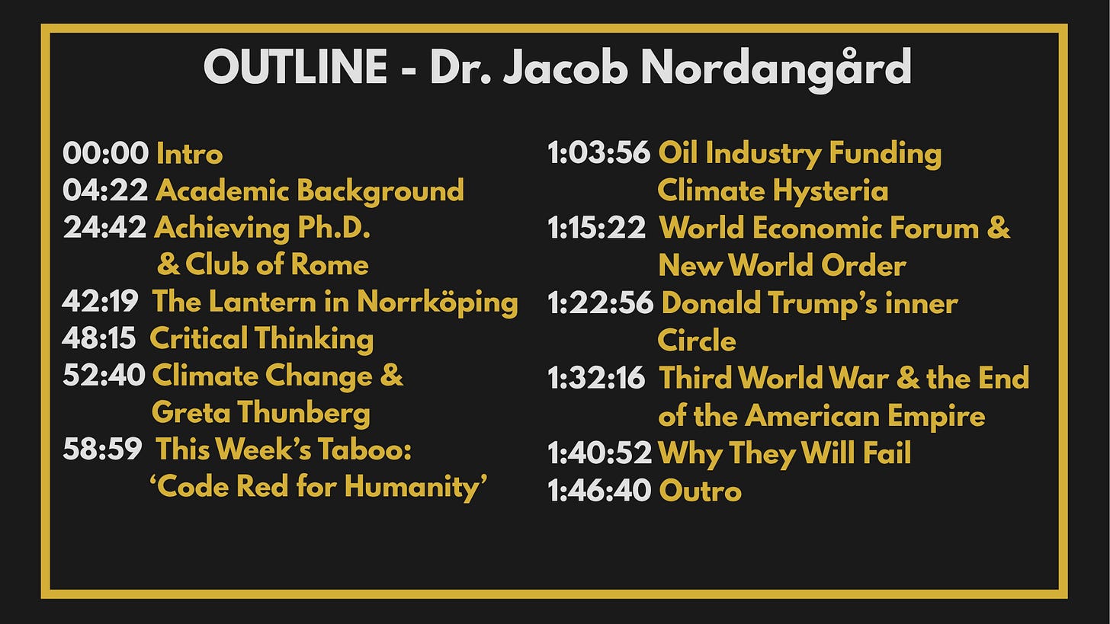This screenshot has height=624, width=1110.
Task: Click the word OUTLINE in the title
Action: pyautogui.click(x=295, y=67)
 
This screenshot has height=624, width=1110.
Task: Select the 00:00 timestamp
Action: pyautogui.click(x=105, y=153)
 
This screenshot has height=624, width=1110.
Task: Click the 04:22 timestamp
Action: pyautogui.click(x=105, y=190)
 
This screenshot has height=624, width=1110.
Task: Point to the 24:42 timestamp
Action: pyautogui.click(x=104, y=227)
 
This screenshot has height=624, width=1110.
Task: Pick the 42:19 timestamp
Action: pyautogui.click(x=100, y=301)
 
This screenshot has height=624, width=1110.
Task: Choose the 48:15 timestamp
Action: pyautogui.click(x=98, y=338)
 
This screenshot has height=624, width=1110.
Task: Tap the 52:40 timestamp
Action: pyautogui.click(x=104, y=376)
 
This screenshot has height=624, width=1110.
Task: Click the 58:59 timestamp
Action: pyautogui.click(x=103, y=450)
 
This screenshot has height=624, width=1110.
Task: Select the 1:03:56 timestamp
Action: pyautogui.click(x=598, y=152)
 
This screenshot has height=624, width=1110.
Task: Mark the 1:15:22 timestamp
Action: pyautogui.click(x=597, y=228)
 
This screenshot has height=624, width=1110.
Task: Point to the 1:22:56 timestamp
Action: pyautogui.click(x=601, y=302)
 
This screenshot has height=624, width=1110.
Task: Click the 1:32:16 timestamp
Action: pyautogui.click(x=597, y=378)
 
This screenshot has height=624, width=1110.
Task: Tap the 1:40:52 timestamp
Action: pyautogui.click(x=599, y=453)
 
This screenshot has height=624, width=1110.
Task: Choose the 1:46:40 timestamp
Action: pyautogui.click(x=599, y=491)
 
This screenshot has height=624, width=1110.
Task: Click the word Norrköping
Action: pyautogui.click(x=438, y=302)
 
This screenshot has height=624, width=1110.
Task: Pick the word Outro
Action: pyautogui.click(x=700, y=491)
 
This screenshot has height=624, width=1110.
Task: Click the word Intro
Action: pyautogui.click(x=189, y=154)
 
